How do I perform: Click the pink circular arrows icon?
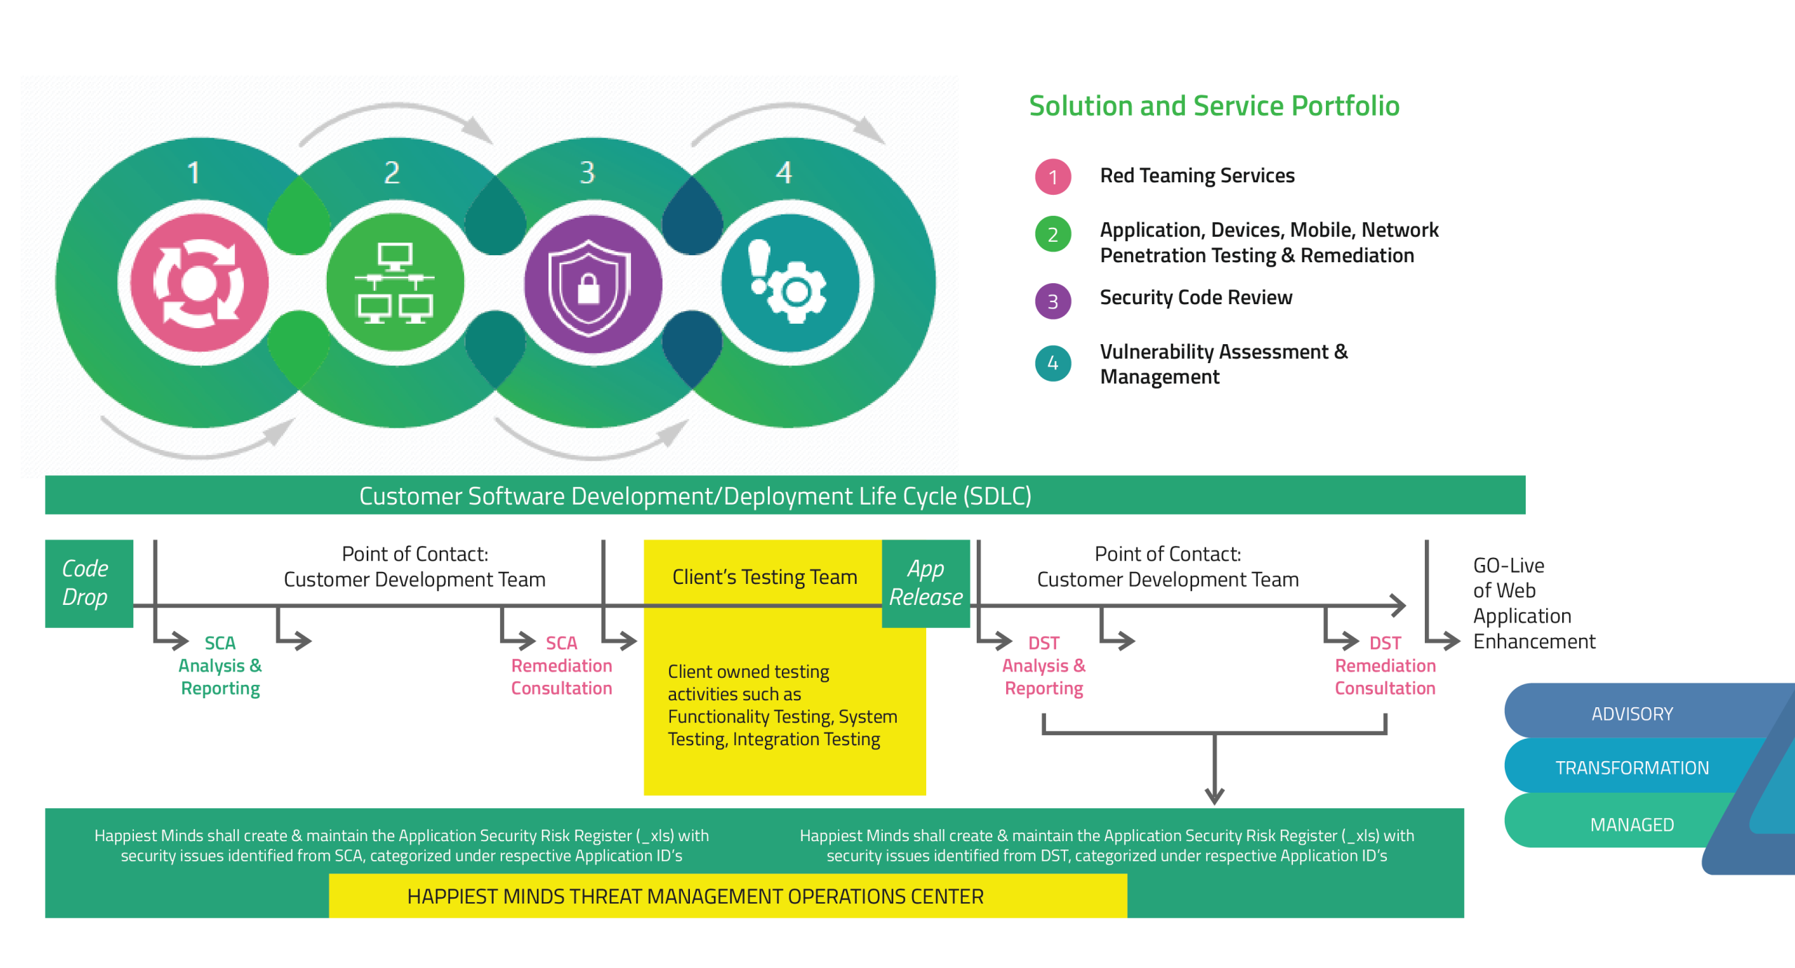pos(199,283)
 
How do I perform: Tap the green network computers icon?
pos(395,283)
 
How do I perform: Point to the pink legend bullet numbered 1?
pos(1052,177)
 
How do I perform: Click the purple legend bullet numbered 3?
pos(1052,301)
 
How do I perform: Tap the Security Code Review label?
pos(1195,298)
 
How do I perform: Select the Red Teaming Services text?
pos(1197,175)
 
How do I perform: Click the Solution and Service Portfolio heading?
pos(1214,106)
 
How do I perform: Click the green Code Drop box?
pos(89,583)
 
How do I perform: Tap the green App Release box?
pos(926,583)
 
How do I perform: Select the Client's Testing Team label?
pos(764,577)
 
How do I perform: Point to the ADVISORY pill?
pos(1632,714)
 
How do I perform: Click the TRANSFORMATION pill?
pos(1632,768)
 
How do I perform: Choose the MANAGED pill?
pos(1632,824)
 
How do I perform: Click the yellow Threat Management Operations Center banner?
pos(728,896)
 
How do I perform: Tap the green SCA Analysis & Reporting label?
pos(220,666)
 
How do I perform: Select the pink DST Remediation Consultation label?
pos(1385,666)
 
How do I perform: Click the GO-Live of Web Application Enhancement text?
pos(1533,603)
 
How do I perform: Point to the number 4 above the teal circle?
pos(784,172)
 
